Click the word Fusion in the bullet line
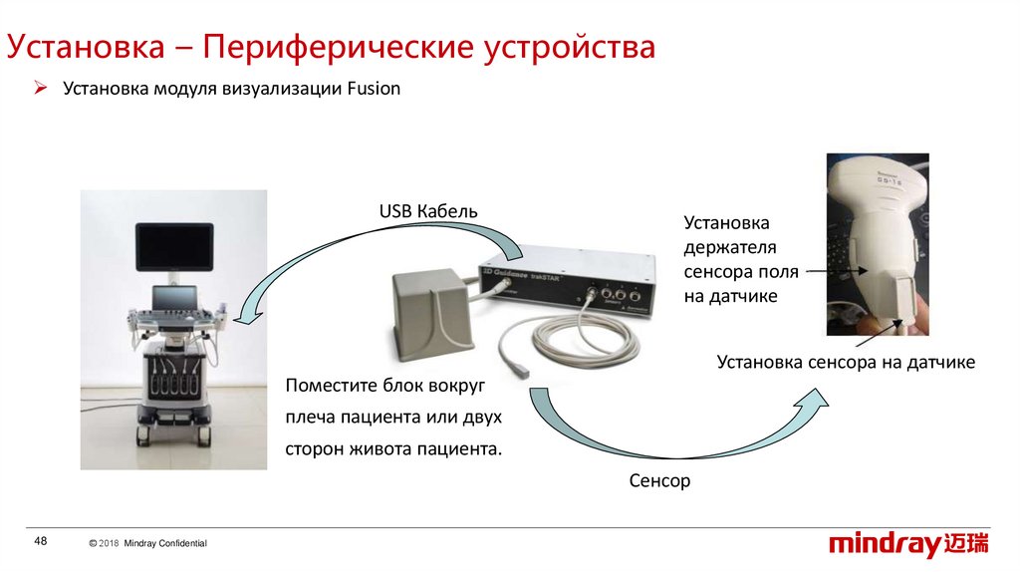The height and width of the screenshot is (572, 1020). tap(374, 89)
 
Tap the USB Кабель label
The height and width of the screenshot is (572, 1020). tap(428, 211)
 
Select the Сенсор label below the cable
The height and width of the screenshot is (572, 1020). tap(659, 480)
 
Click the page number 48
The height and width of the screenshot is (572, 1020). tap(41, 541)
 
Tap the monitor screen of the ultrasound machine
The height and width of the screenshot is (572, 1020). tap(174, 249)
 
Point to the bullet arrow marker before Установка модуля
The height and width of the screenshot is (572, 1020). tap(41, 89)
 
